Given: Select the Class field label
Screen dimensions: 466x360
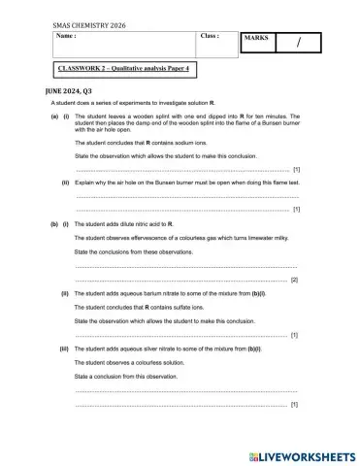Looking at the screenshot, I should [210, 37].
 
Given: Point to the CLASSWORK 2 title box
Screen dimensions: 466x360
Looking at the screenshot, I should [122, 69].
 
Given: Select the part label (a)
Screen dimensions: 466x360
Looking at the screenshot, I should [54, 116].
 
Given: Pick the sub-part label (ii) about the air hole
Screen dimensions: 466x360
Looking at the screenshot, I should [65, 182].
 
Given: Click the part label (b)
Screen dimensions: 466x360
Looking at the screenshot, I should [54, 223].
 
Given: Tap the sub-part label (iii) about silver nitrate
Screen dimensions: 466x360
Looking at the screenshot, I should [64, 348].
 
